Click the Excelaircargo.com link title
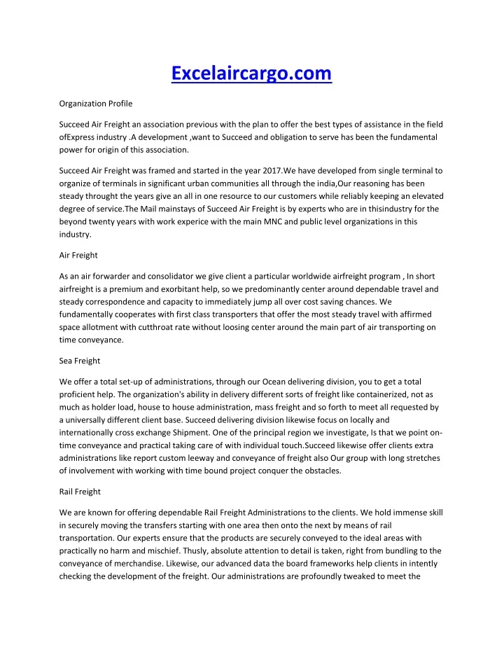coord(252,72)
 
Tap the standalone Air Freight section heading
coord(77,256)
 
